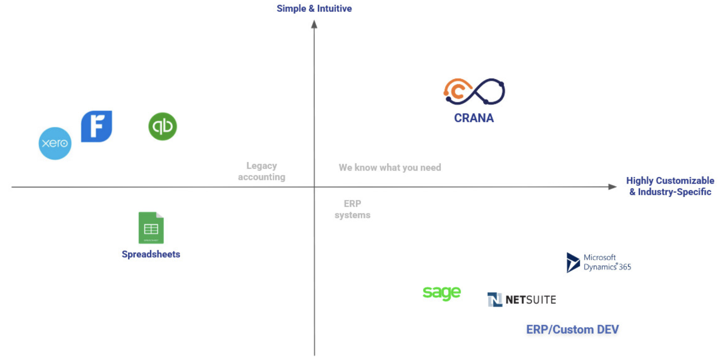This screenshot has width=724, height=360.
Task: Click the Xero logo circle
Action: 55,143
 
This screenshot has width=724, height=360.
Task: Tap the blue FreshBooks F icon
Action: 96,127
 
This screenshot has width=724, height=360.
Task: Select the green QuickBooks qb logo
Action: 163,127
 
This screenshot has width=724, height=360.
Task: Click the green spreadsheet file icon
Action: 151,228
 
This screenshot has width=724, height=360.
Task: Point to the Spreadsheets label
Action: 151,254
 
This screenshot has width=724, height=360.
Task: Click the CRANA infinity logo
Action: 474,91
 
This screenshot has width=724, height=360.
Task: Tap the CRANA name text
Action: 474,118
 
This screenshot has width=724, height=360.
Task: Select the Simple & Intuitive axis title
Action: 314,8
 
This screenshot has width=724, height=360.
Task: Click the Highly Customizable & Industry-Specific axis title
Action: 670,186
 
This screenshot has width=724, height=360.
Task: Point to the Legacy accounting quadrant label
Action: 262,172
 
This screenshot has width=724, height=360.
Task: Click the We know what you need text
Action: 390,168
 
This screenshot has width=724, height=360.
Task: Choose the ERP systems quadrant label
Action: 352,209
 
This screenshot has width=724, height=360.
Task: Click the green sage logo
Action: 441,293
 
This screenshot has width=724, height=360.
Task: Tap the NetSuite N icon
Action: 494,300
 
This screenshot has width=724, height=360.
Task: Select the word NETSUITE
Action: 531,300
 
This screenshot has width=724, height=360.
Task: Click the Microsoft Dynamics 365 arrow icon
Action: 572,262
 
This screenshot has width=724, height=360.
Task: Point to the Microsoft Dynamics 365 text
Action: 607,262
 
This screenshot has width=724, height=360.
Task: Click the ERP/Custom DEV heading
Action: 572,330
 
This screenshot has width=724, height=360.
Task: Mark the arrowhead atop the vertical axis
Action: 314,25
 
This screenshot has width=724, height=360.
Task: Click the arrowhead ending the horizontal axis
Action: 612,187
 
